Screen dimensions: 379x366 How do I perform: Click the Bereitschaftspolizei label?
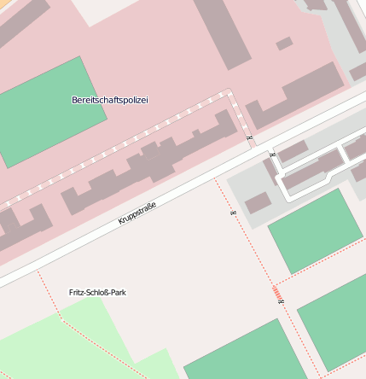pyautogui.click(x=109, y=100)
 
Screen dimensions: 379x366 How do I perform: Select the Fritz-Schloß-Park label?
pyautogui.click(x=97, y=292)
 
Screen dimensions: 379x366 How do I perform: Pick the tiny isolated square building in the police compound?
pyautogui.click(x=284, y=44)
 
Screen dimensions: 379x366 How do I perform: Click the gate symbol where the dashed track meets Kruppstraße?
pyautogui.click(x=249, y=137)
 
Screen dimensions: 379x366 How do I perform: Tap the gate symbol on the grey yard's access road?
pyautogui.click(x=272, y=155)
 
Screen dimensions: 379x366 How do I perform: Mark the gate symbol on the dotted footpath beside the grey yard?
pyautogui.click(x=233, y=212)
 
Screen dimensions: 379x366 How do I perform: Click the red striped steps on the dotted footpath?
pyautogui.click(x=277, y=294)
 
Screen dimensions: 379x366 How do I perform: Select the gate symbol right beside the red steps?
pyautogui.click(x=283, y=301)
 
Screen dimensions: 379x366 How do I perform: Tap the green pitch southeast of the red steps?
pyautogui.click(x=334, y=319)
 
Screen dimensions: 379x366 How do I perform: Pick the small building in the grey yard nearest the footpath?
pyautogui.click(x=258, y=202)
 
